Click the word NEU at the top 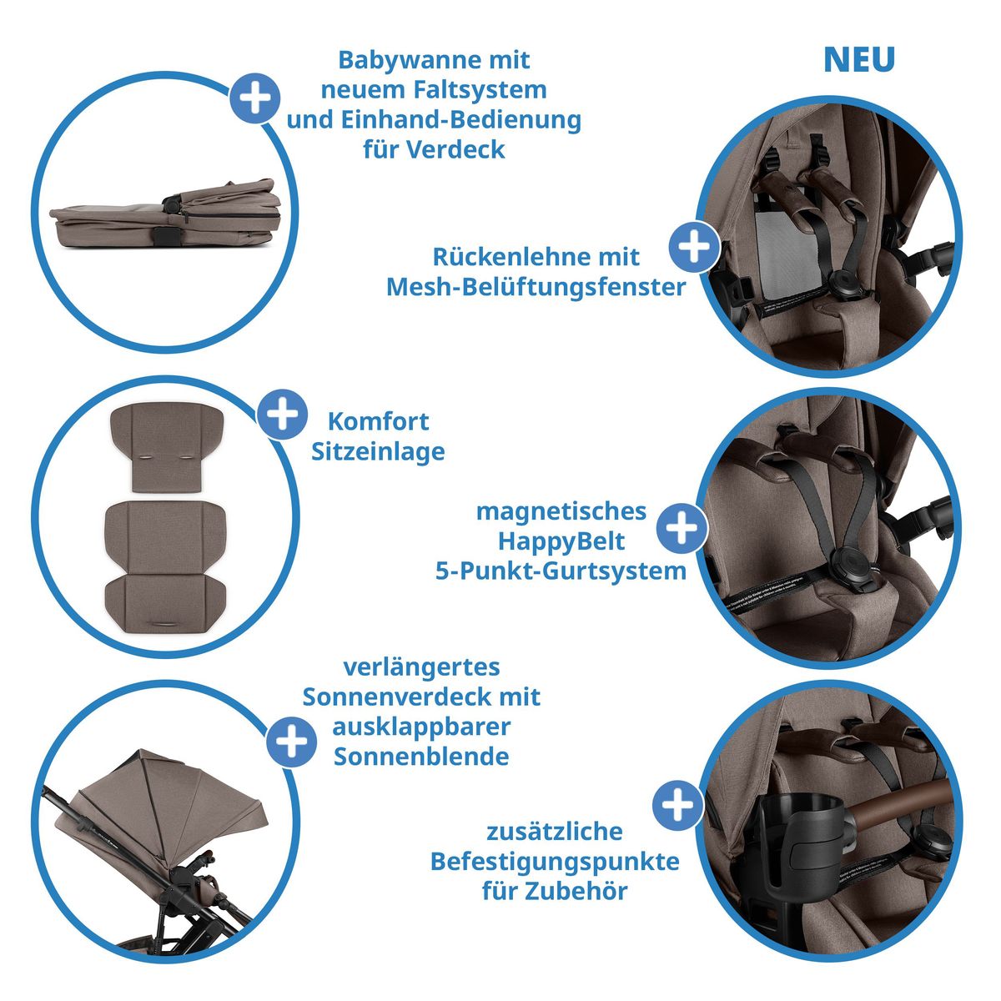pos(858,60)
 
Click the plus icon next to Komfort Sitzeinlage pos(283,415)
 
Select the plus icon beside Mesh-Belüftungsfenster pos(694,247)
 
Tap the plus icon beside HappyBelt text pos(682,528)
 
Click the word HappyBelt pos(561,541)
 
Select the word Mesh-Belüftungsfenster pos(536,287)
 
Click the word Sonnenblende pos(421,757)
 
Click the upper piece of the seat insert pos(168,448)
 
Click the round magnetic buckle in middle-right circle pos(846,566)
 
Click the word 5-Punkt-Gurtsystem pos(561,571)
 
